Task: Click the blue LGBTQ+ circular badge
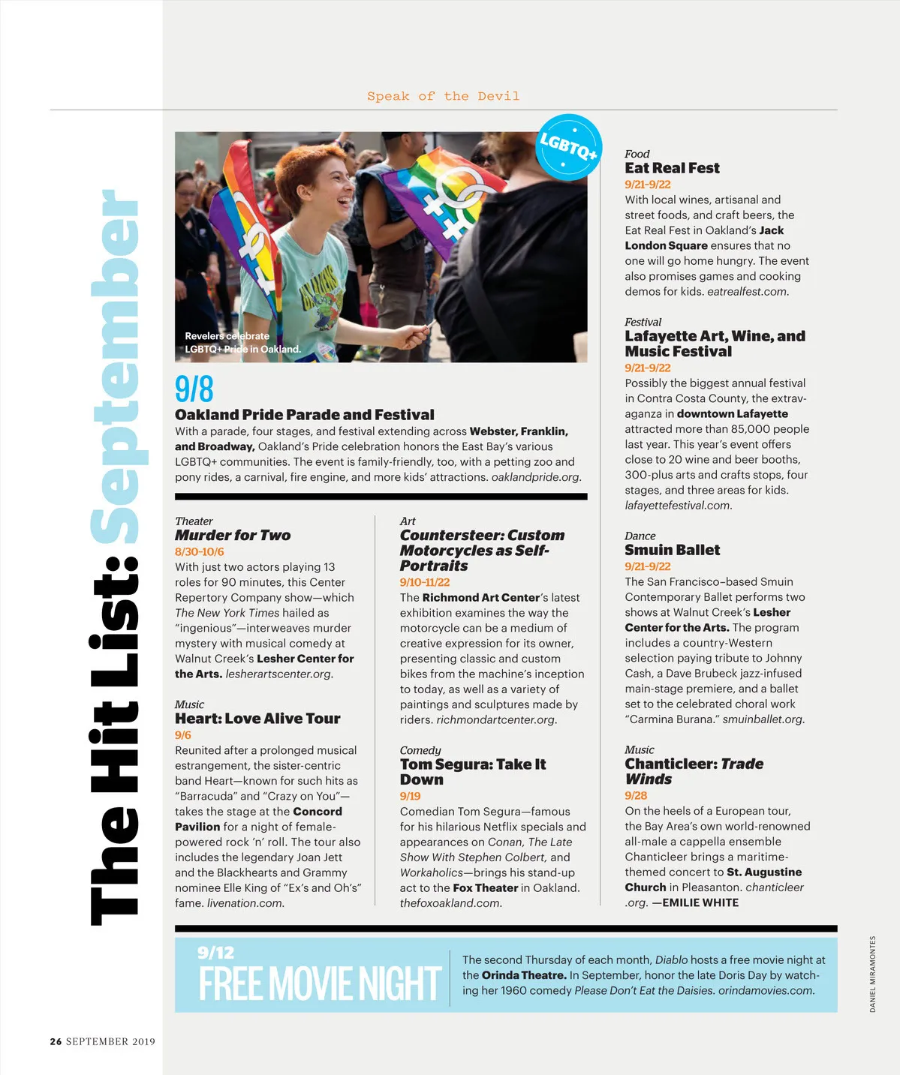click(569, 147)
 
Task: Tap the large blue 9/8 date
click(194, 389)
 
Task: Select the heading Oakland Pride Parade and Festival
click(304, 415)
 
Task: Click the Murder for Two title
click(233, 536)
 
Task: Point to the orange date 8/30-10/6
click(200, 552)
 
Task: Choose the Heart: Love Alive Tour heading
click(257, 719)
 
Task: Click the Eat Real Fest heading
click(672, 168)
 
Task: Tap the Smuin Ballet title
click(672, 550)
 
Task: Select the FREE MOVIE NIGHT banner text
click(319, 984)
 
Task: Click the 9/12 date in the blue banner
click(215, 953)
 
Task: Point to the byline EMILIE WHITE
click(700, 902)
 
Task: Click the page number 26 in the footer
click(56, 1041)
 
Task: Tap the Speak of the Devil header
click(443, 96)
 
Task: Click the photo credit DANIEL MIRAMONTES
click(873, 974)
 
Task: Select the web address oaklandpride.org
click(536, 477)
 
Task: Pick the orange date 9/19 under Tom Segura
click(410, 796)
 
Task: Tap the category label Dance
click(640, 536)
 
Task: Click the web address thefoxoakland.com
click(450, 903)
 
